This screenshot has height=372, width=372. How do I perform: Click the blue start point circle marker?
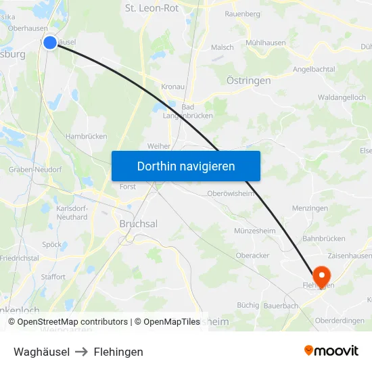click(50, 43)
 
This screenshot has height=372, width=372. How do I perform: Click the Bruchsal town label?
click(138, 224)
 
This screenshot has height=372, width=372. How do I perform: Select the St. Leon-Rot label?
click(152, 8)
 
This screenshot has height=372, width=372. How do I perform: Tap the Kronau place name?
click(174, 87)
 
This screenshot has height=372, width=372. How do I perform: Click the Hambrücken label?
click(87, 136)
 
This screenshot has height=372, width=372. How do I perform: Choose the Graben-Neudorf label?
click(35, 170)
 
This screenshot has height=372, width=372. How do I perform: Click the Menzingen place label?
click(309, 208)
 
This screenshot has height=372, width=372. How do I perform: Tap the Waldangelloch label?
click(342, 97)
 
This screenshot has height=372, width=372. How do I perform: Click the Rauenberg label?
click(242, 14)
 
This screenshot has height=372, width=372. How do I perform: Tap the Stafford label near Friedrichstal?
click(53, 277)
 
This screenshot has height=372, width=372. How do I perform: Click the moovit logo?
click(331, 351)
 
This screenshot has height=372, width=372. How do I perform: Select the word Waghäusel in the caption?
click(41, 352)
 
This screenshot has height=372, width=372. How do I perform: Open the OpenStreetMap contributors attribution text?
click(72, 322)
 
